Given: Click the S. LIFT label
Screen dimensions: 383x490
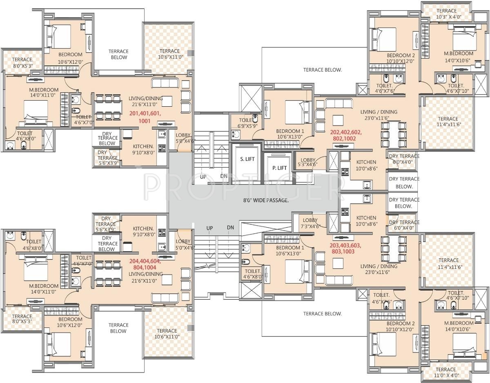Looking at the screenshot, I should [247, 159].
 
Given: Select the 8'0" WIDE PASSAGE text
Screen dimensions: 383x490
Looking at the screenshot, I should [265, 200].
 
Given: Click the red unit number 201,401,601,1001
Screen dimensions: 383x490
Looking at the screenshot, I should [145, 117].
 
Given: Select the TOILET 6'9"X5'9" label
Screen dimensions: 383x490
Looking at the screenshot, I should [247, 123].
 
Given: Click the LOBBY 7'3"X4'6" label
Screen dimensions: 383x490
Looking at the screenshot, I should [310, 223].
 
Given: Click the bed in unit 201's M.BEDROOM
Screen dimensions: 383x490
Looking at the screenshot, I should [36, 112].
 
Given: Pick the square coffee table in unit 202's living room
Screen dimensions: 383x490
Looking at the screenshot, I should [337, 120].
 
